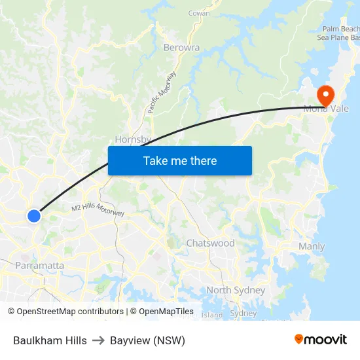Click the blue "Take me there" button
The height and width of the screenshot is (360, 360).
[180, 160]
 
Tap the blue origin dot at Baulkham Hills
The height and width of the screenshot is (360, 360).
[34, 215]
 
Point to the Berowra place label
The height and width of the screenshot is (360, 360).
[181, 47]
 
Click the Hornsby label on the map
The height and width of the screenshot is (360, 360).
[133, 139]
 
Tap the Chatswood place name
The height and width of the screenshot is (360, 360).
[210, 243]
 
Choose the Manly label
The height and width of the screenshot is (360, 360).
[312, 247]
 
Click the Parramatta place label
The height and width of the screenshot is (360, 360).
[40, 265]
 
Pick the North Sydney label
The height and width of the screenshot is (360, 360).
[236, 290]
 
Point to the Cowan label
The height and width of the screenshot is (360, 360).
[199, 13]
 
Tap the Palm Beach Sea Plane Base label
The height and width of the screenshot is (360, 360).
[340, 33]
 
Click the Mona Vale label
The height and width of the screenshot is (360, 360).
[326, 109]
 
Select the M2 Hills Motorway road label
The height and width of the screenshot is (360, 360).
[98, 210]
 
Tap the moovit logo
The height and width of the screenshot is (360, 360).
[320, 339]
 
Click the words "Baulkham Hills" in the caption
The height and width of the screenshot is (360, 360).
[50, 340]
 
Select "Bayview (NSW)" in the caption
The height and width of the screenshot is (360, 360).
[147, 340]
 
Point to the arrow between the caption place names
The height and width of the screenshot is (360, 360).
[98, 340]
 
